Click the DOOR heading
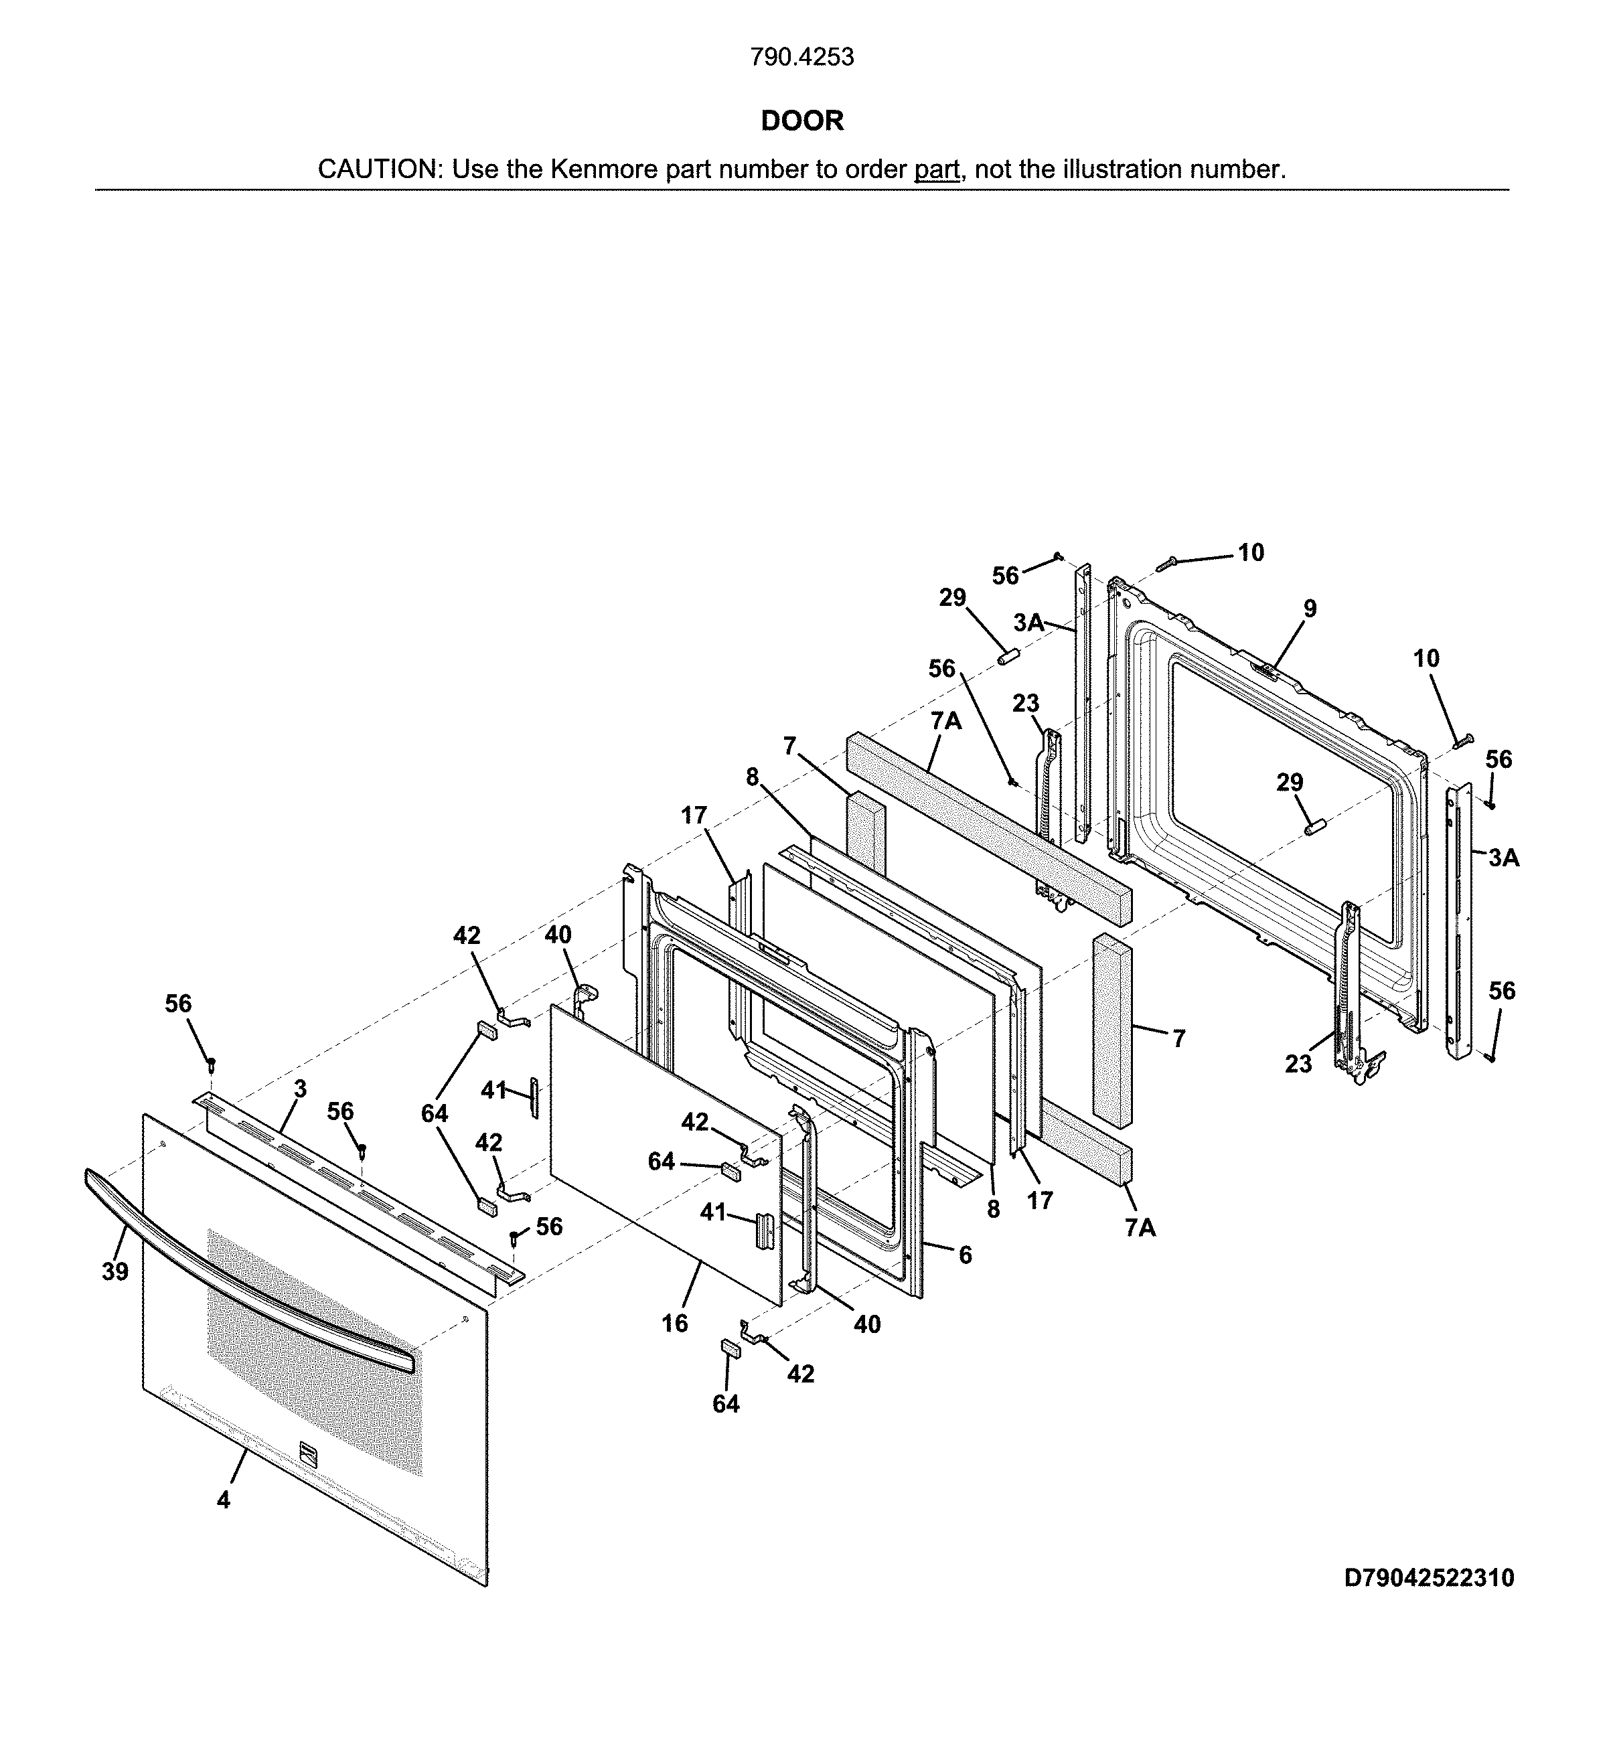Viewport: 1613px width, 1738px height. pyautogui.click(x=802, y=121)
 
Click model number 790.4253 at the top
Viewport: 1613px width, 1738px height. pyautogui.click(x=802, y=58)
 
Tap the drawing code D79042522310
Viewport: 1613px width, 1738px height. pyautogui.click(x=1429, y=1578)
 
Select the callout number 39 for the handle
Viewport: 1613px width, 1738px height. pyautogui.click(x=114, y=1272)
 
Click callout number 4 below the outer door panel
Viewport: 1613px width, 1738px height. pyautogui.click(x=224, y=1500)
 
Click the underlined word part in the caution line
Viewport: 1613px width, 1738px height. pyautogui.click(x=937, y=169)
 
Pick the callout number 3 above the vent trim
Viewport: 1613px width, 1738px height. pyautogui.click(x=300, y=1089)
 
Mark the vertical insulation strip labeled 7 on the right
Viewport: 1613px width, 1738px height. pyautogui.click(x=1111, y=1030)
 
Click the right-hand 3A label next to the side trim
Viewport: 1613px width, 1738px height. pyautogui.click(x=1503, y=858)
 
